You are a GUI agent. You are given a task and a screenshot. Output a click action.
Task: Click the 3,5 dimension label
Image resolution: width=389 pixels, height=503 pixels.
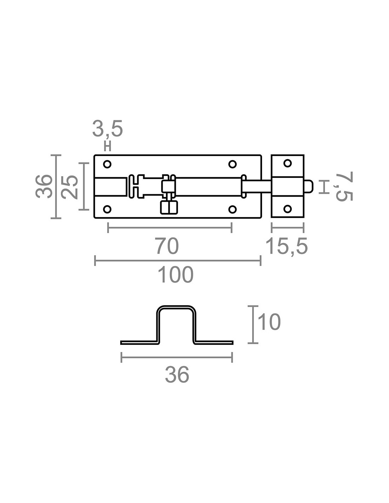click(107, 129)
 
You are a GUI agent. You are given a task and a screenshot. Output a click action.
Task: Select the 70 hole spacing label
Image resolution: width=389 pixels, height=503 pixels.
click(167, 246)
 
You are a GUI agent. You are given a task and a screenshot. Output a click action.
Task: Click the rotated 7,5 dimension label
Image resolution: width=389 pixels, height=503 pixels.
click(344, 186)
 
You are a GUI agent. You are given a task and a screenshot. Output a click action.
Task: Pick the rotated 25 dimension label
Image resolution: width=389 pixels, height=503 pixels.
click(70, 187)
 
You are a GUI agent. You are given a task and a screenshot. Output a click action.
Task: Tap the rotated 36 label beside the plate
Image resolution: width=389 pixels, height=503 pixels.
click(44, 186)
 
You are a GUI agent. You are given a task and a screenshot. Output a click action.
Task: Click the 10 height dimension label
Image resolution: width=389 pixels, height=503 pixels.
click(269, 322)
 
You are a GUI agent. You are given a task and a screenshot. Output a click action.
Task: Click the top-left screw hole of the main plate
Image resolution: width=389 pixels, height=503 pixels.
click(107, 164)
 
